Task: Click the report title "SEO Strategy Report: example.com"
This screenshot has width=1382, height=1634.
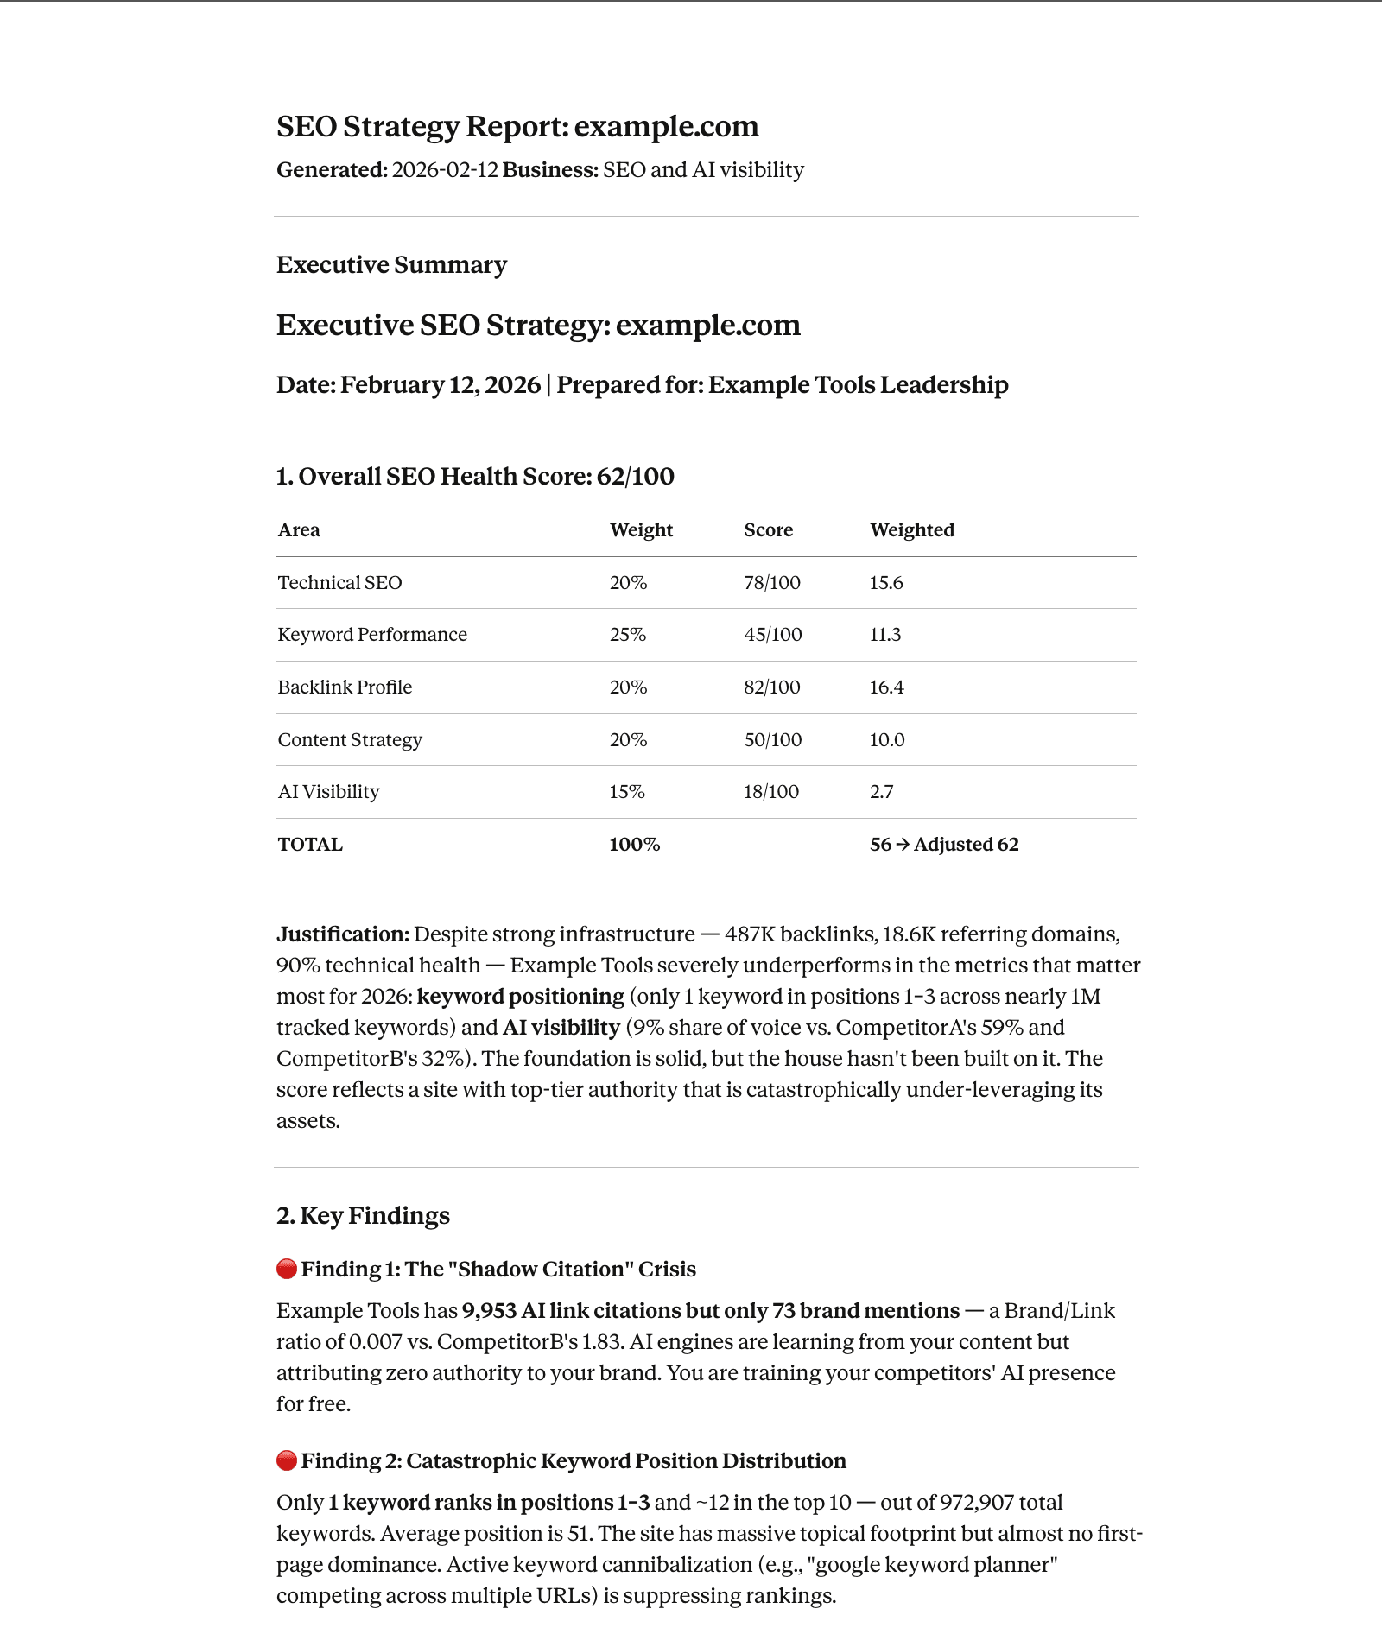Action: coord(517,127)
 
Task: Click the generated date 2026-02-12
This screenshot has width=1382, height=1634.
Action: coord(445,170)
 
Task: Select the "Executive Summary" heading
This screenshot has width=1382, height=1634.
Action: coord(391,265)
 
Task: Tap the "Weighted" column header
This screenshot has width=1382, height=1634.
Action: coord(911,530)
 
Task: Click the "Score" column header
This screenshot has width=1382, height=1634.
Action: coord(768,530)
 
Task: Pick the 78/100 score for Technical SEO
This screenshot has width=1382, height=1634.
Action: coord(771,583)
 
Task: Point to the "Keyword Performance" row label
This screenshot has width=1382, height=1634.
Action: coord(371,635)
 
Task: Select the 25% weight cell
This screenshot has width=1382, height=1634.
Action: coord(627,635)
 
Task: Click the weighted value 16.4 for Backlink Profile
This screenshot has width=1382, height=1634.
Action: coord(886,687)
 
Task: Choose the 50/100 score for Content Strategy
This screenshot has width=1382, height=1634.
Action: coord(772,740)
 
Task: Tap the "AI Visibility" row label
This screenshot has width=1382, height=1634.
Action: coord(328,792)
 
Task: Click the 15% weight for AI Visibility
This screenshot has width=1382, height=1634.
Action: coord(626,792)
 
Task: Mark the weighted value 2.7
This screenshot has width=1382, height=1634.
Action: coord(881,792)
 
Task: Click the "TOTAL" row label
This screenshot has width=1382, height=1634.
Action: coord(310,845)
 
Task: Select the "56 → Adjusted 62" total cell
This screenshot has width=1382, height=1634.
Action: coord(943,845)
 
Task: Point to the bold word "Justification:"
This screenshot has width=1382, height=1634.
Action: coord(343,934)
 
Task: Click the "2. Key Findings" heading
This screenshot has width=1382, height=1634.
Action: coord(363,1216)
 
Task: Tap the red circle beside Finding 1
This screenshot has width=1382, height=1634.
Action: coord(287,1270)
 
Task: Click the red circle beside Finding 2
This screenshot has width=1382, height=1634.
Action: coord(287,1461)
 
